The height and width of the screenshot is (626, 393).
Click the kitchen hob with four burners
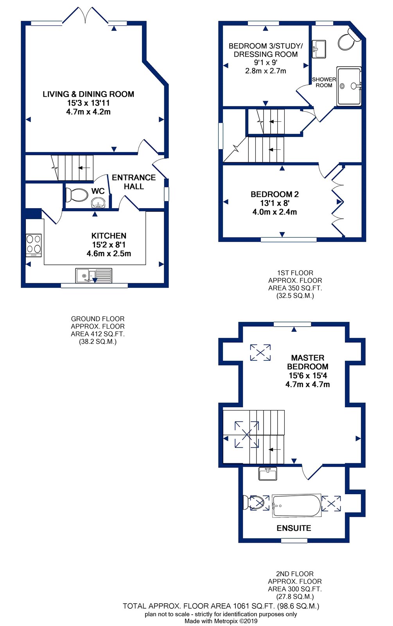click(x=34, y=245)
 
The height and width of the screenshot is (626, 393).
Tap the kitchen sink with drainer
click(x=94, y=275)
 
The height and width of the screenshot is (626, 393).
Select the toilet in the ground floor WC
click(x=77, y=194)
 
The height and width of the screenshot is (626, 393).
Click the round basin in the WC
click(x=98, y=203)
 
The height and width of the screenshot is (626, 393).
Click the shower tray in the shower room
click(x=349, y=86)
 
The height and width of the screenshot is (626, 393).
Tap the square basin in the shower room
click(x=319, y=49)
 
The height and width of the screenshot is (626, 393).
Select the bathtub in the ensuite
click(x=297, y=505)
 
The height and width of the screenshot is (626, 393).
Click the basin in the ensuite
click(x=267, y=473)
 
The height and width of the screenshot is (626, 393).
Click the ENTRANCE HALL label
click(x=134, y=182)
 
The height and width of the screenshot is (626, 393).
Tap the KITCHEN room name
click(x=109, y=236)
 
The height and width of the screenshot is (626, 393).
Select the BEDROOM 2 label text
click(x=275, y=194)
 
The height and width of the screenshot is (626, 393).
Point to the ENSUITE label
click(x=294, y=528)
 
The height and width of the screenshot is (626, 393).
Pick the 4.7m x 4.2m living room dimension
click(x=88, y=112)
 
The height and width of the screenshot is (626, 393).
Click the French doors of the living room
click(x=85, y=16)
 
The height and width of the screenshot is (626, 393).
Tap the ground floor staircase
click(x=73, y=168)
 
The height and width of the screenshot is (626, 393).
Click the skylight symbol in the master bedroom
click(x=260, y=353)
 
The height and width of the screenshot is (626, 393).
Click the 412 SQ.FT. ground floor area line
click(x=98, y=334)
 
